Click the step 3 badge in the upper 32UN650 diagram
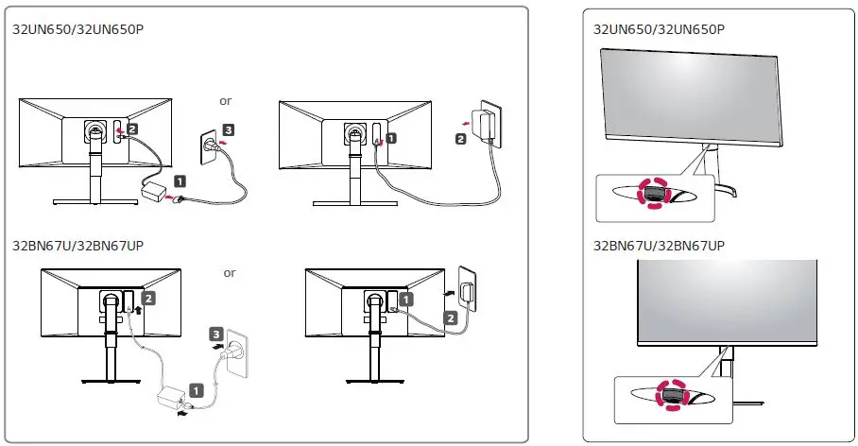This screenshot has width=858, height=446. click(229, 129)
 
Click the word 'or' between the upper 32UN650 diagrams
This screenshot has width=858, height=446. click(225, 100)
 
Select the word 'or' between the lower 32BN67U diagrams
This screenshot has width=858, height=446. click(230, 273)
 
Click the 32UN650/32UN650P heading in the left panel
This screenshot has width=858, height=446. click(71, 28)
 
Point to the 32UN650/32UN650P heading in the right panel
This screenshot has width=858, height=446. click(659, 28)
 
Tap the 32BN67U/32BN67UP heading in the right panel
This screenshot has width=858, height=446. click(659, 246)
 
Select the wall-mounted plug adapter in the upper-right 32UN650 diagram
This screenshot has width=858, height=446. click(487, 122)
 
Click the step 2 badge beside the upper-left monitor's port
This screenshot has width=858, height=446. click(132, 128)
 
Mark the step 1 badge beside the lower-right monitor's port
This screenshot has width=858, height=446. click(406, 298)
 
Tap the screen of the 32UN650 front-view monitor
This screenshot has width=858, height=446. click(691, 94)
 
